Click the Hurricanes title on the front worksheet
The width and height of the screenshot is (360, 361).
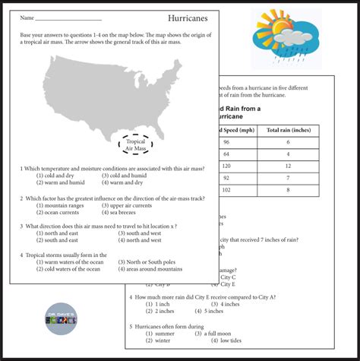pos(188,17)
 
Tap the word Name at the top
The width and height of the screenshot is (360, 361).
pos(27,17)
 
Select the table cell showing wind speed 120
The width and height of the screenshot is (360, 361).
pos(226,165)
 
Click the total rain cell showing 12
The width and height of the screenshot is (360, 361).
pos(287,165)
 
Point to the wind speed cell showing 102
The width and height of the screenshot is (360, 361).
pos(226,190)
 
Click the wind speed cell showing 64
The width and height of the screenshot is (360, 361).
pos(226,154)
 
